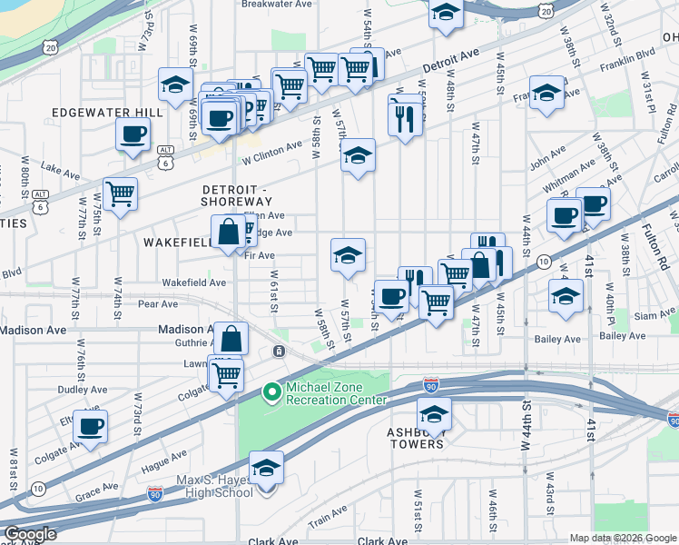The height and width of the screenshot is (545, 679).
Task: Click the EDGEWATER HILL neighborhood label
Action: coord(107,112)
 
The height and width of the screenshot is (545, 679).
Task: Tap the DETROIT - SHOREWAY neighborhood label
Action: coord(235,193)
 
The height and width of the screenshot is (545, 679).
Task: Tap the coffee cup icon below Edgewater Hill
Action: coord(133,135)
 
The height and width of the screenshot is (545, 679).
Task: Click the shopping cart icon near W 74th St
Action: coord(120,193)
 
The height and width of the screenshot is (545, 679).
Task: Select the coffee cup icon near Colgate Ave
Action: coord(90,426)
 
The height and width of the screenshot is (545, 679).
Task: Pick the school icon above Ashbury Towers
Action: coord(435,414)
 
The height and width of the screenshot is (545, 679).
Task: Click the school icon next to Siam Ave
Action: coord(566,297)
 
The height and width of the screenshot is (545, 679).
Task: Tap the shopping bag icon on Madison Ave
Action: coord(232,340)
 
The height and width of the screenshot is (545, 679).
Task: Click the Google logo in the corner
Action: coord(31,534)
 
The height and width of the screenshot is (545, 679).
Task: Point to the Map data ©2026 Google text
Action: coord(623,538)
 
